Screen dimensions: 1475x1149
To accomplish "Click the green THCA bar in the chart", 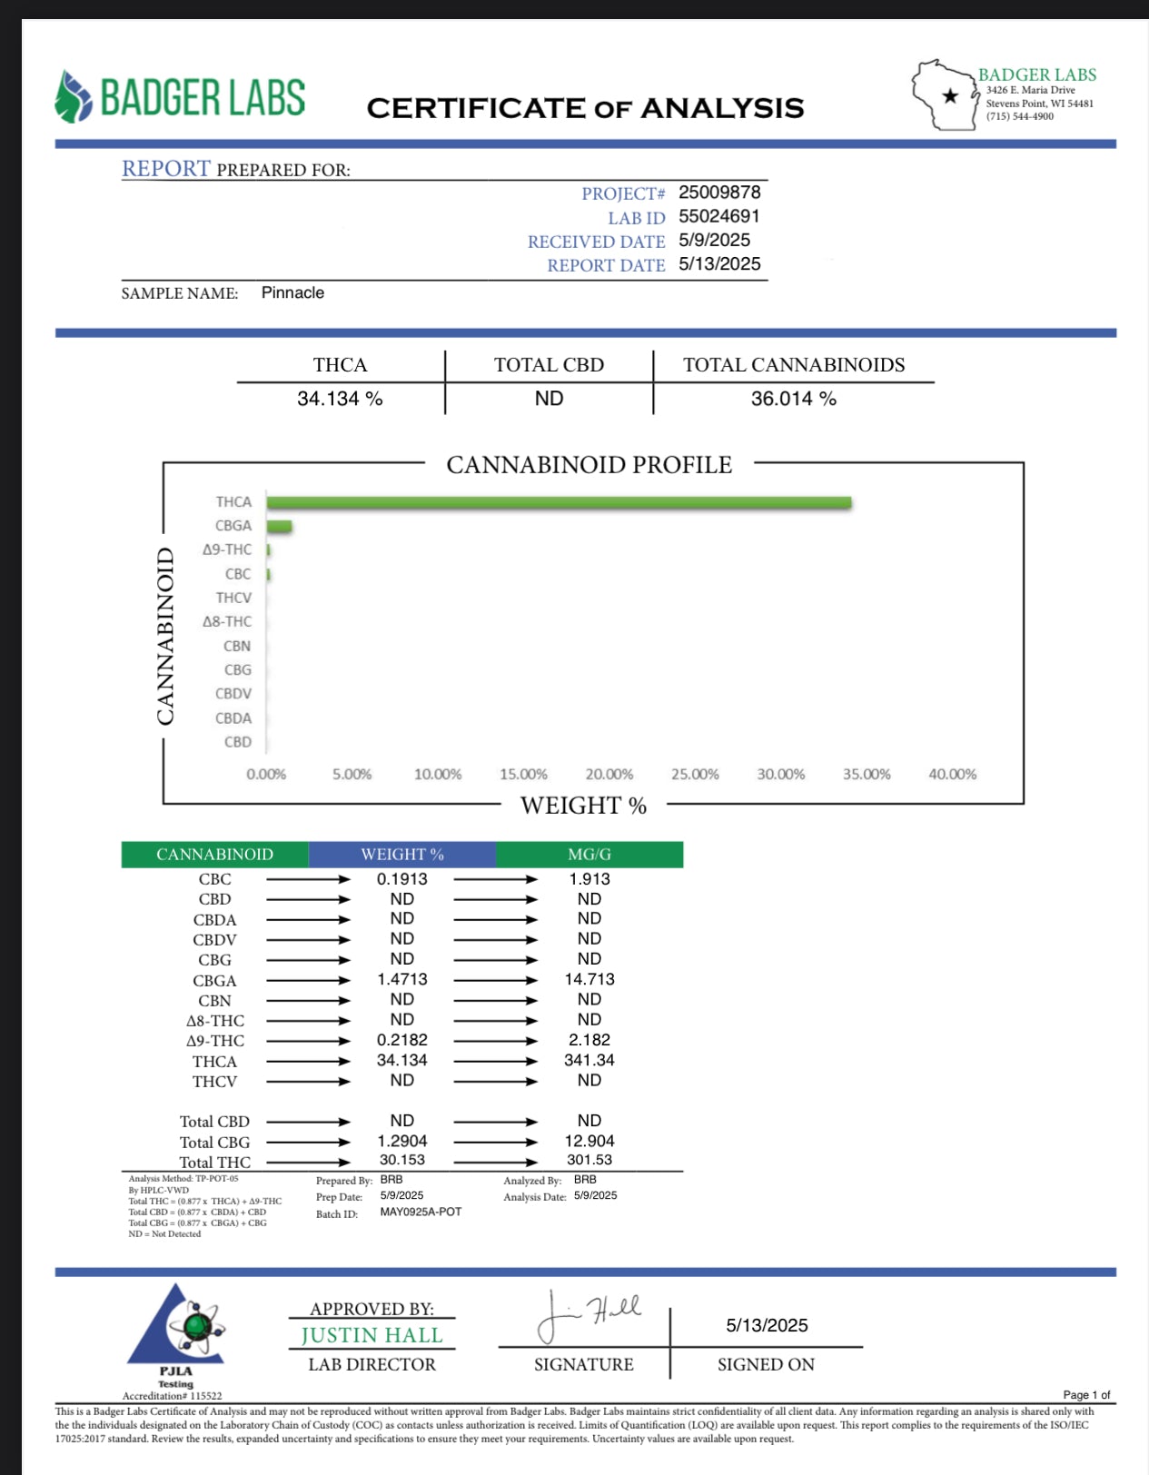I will [x=559, y=502].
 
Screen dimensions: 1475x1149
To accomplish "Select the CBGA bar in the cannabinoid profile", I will [x=279, y=526].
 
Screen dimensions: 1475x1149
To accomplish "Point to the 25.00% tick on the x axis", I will [x=695, y=774].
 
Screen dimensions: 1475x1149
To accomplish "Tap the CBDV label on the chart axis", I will [x=233, y=694].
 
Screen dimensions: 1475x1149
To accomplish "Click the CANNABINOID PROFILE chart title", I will [x=589, y=465].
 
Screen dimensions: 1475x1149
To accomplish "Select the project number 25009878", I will [x=719, y=193].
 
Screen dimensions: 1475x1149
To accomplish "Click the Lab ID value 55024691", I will [x=718, y=216].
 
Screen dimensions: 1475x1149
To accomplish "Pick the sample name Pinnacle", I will [x=292, y=292].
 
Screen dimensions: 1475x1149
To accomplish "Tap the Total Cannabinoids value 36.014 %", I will [x=793, y=399].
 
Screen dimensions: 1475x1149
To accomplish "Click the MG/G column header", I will [x=589, y=855].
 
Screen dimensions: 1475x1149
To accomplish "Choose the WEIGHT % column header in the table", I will [x=402, y=855].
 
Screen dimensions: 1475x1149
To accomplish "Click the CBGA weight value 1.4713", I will [x=402, y=979].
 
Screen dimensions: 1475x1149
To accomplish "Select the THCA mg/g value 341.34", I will [x=589, y=1060].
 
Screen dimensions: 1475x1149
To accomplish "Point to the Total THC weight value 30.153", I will [x=402, y=1160].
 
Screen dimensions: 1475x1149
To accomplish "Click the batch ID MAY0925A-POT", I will [x=421, y=1212].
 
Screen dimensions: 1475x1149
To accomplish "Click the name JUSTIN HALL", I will [x=371, y=1335].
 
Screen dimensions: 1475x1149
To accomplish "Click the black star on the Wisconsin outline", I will [x=950, y=95].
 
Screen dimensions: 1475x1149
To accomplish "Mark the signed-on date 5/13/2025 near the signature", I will [x=767, y=1325].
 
